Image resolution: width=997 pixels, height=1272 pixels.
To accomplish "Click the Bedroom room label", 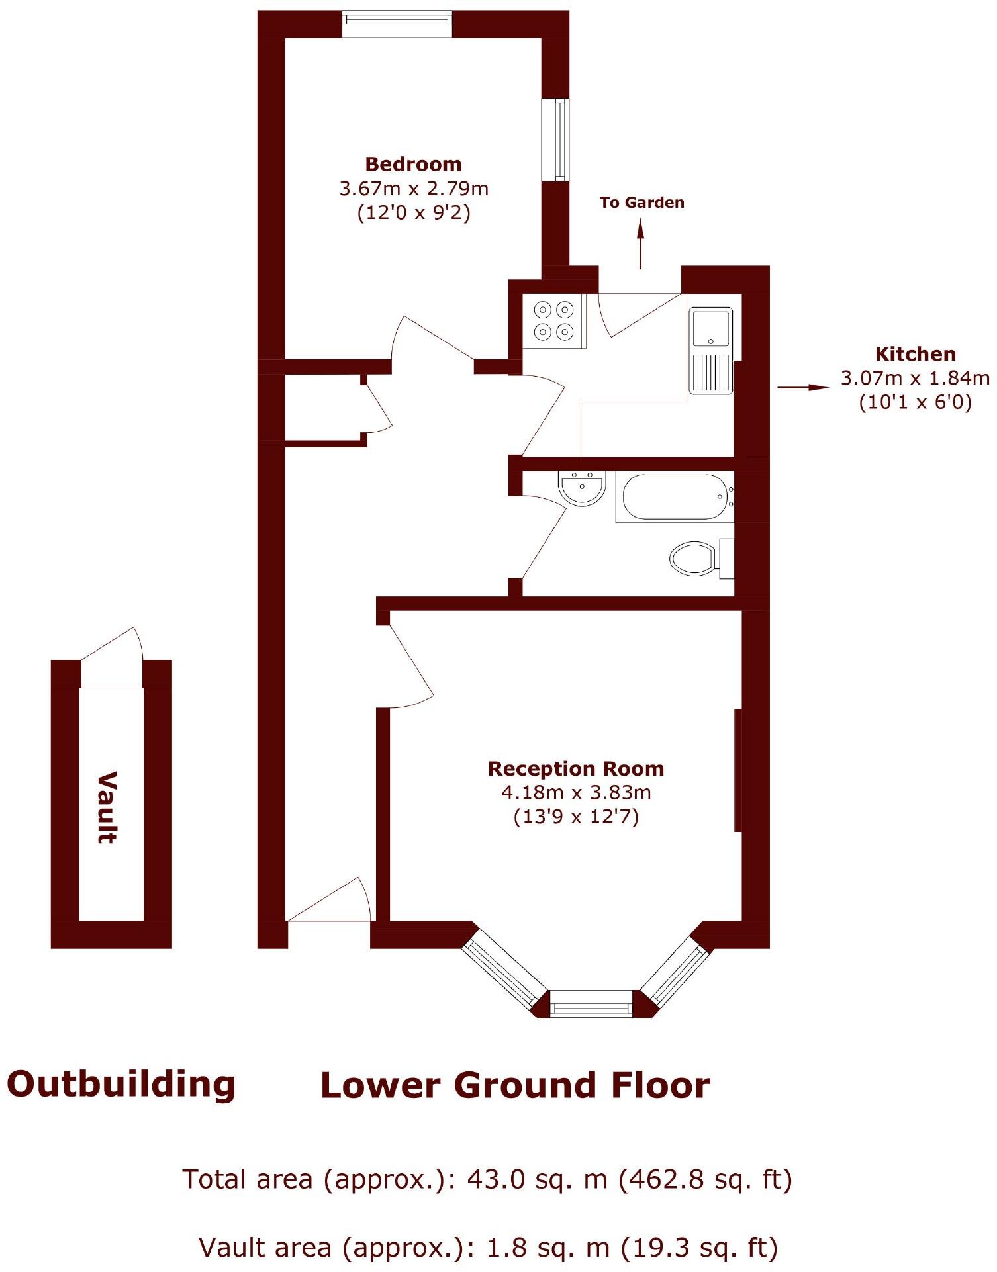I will click(413, 164).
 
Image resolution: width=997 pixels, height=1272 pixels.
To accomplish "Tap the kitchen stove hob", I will click(554, 320).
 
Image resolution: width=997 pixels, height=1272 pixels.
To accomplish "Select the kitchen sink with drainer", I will click(710, 350).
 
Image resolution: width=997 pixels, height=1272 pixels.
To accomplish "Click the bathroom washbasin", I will click(582, 488).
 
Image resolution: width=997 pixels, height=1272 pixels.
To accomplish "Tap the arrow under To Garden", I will click(640, 244).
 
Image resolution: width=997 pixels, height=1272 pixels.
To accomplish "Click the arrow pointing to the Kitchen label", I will click(802, 387).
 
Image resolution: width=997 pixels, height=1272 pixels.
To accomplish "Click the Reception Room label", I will click(576, 768).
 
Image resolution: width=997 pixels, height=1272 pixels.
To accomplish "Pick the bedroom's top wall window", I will click(397, 24).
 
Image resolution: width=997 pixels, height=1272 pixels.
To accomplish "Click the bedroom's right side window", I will click(556, 139).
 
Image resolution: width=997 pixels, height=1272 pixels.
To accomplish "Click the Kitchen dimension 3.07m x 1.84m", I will click(915, 378).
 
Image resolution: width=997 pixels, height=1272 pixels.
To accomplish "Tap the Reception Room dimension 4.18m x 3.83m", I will click(576, 792).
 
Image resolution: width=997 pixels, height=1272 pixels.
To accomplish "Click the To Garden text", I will click(641, 203).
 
